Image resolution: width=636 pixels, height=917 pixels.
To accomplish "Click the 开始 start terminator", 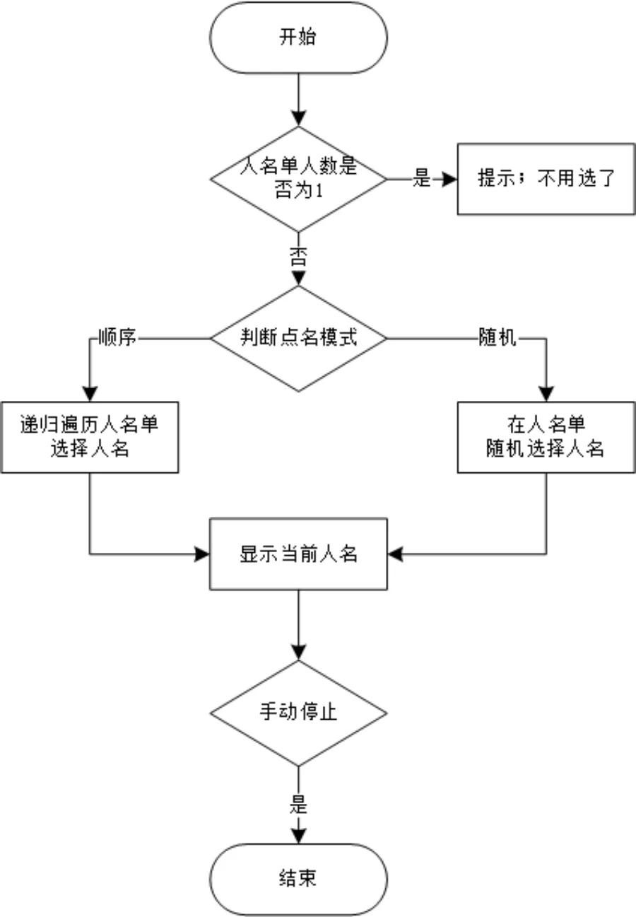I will [298, 37].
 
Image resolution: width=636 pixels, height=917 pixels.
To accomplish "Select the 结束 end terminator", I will [298, 879].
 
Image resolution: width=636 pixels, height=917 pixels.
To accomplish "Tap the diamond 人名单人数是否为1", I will [298, 179].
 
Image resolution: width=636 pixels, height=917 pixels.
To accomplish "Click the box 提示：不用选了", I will [546, 179].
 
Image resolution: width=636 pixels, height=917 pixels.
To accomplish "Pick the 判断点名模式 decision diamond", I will [298, 338].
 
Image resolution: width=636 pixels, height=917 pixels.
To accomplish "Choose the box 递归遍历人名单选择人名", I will [89, 437].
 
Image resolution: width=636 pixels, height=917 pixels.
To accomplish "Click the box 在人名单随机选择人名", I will [546, 437].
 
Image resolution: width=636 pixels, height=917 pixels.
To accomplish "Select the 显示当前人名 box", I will [298, 554].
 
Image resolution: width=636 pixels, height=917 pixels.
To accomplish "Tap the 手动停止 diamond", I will [298, 713].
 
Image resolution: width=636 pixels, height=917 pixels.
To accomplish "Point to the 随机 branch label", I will [497, 338].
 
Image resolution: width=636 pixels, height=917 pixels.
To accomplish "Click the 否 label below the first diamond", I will [298, 257].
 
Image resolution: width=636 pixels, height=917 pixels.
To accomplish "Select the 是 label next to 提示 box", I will [421, 179].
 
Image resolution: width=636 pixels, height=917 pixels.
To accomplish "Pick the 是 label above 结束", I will [298, 805].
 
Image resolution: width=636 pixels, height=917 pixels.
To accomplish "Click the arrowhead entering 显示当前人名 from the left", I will [203, 554].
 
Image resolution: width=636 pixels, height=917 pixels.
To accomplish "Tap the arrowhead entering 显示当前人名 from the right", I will [394, 554].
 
